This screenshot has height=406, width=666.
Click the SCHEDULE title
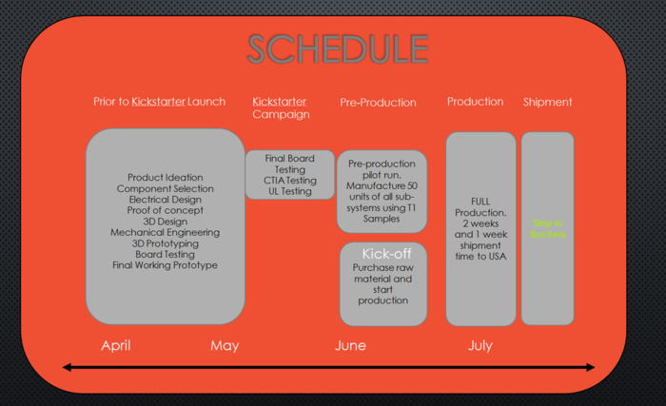(338, 48)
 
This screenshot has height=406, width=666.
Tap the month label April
(116, 345)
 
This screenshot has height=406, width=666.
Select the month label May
(225, 345)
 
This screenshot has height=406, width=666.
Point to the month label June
(350, 345)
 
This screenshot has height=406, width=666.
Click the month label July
(480, 345)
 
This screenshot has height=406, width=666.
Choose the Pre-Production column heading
(378, 102)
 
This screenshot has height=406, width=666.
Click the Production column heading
(475, 102)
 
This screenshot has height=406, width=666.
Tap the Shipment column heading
(547, 102)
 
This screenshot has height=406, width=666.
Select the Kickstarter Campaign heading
(281, 107)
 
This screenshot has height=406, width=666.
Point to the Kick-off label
(383, 254)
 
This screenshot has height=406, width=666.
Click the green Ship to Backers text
(547, 228)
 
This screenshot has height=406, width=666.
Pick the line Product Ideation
(165, 177)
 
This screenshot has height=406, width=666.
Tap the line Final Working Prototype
(165, 265)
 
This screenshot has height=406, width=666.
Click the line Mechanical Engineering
(165, 232)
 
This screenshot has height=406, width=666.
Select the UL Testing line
(289, 191)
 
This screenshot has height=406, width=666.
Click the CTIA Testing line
(289, 181)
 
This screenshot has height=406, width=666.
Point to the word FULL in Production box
(480, 203)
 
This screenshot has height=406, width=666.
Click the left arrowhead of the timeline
(68, 367)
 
